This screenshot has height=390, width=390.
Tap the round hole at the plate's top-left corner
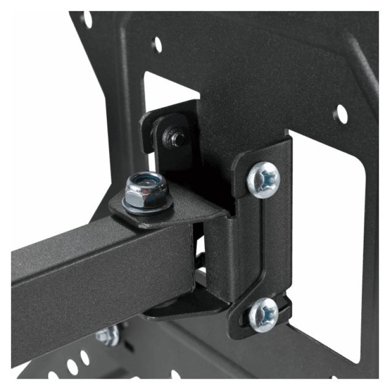pyautogui.click(x=87, y=19)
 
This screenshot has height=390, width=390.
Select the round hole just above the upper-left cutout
pyautogui.click(x=157, y=44)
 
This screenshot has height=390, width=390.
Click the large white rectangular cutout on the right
pyautogui.click(x=331, y=234)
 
